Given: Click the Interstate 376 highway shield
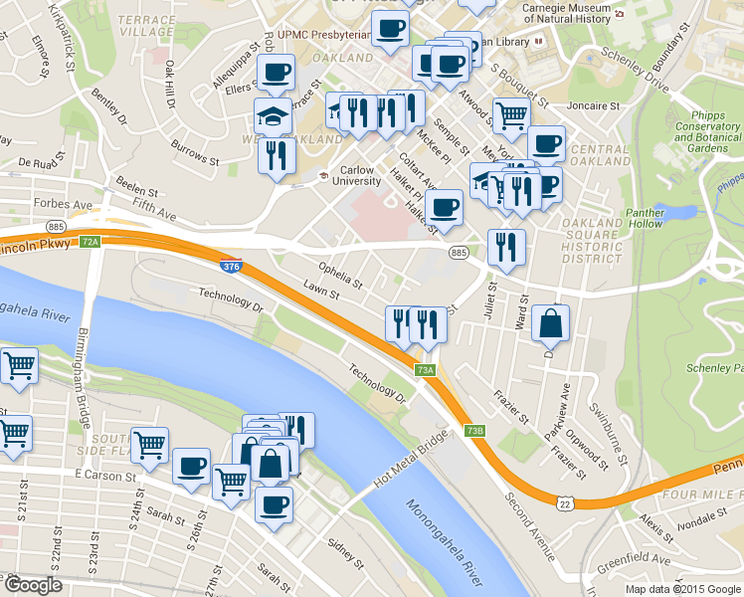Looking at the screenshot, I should click(x=230, y=266).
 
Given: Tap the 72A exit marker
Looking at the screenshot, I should click(x=91, y=242).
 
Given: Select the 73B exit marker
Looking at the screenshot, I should click(x=474, y=431).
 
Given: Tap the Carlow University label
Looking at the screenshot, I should click(x=356, y=175).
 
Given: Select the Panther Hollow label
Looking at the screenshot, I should click(x=652, y=218).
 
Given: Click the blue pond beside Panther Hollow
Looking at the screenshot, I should click(x=687, y=211).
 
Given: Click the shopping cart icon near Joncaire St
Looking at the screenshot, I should click(x=511, y=114).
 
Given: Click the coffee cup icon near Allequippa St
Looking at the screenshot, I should click(x=276, y=71).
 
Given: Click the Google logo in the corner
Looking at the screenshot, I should click(x=32, y=585).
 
